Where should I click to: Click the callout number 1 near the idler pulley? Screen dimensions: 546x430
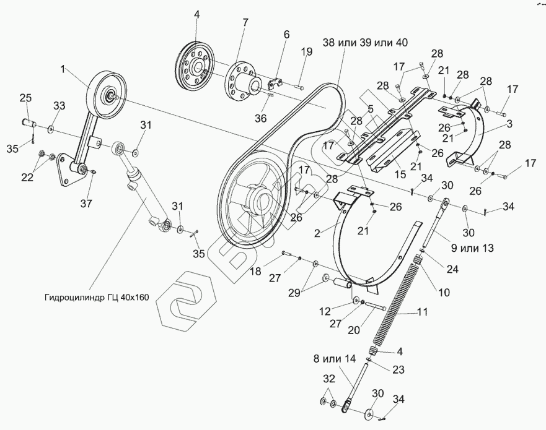tap(63, 69)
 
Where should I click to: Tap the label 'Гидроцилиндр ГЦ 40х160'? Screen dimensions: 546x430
tap(97, 298)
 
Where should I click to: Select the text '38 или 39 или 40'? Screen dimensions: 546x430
tap(365, 43)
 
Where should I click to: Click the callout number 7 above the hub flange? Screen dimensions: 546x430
tap(245, 23)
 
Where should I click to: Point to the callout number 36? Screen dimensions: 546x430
tap(260, 119)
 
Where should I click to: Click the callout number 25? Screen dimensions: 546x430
tap(25, 98)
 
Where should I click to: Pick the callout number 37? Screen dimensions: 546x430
tap(86, 203)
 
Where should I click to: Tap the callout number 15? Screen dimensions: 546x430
tap(401, 174)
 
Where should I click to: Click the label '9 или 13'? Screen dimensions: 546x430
tap(472, 248)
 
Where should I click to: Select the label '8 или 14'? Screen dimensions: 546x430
tap(335, 359)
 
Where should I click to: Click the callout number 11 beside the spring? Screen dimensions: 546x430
tap(422, 312)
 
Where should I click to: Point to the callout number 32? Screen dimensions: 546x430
tap(329, 379)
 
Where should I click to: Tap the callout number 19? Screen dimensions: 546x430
tap(307, 52)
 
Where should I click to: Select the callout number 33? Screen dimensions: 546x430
tap(59, 105)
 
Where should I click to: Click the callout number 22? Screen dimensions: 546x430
tap(27, 178)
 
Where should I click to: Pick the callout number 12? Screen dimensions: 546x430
tap(325, 311)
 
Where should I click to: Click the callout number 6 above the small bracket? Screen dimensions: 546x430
tap(286, 35)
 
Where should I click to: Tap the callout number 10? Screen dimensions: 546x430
tap(444, 292)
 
